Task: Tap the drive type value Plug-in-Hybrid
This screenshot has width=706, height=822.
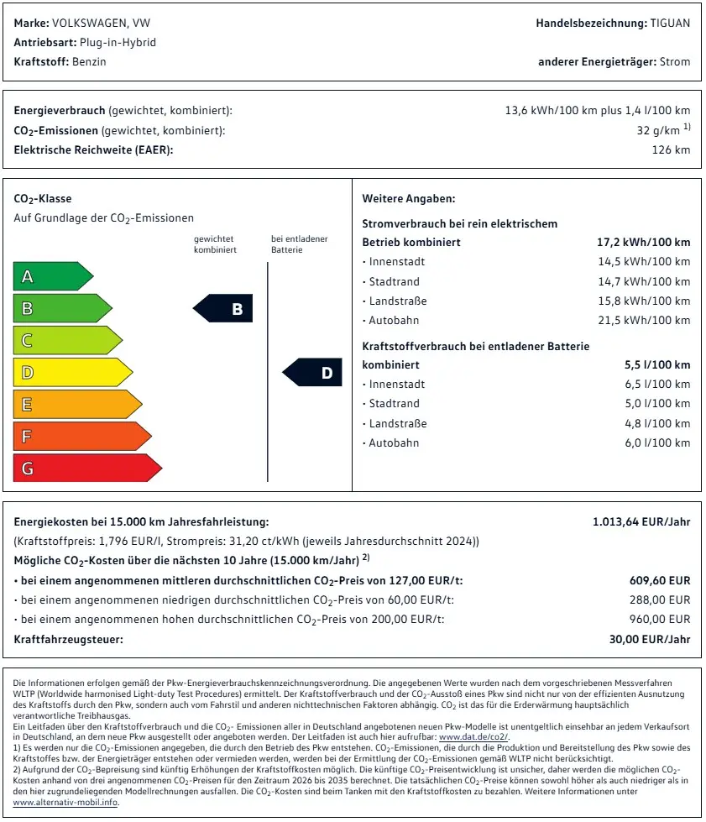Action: pyautogui.click(x=118, y=42)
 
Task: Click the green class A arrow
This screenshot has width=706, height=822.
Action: pyautogui.click(x=50, y=276)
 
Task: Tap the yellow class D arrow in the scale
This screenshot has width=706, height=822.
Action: pyautogui.click(x=71, y=372)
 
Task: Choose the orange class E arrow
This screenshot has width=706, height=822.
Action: pyautogui.click(x=76, y=404)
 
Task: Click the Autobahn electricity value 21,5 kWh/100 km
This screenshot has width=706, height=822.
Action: pyautogui.click(x=645, y=320)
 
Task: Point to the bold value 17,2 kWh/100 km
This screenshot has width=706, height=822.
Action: pyautogui.click(x=643, y=242)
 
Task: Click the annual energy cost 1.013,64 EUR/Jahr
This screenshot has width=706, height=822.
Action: pyautogui.click(x=641, y=521)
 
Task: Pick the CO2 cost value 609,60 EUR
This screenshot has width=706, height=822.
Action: pyautogui.click(x=660, y=580)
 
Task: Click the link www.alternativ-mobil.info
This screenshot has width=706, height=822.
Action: pyautogui.click(x=65, y=802)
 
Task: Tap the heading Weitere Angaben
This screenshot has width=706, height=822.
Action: pyautogui.click(x=408, y=199)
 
